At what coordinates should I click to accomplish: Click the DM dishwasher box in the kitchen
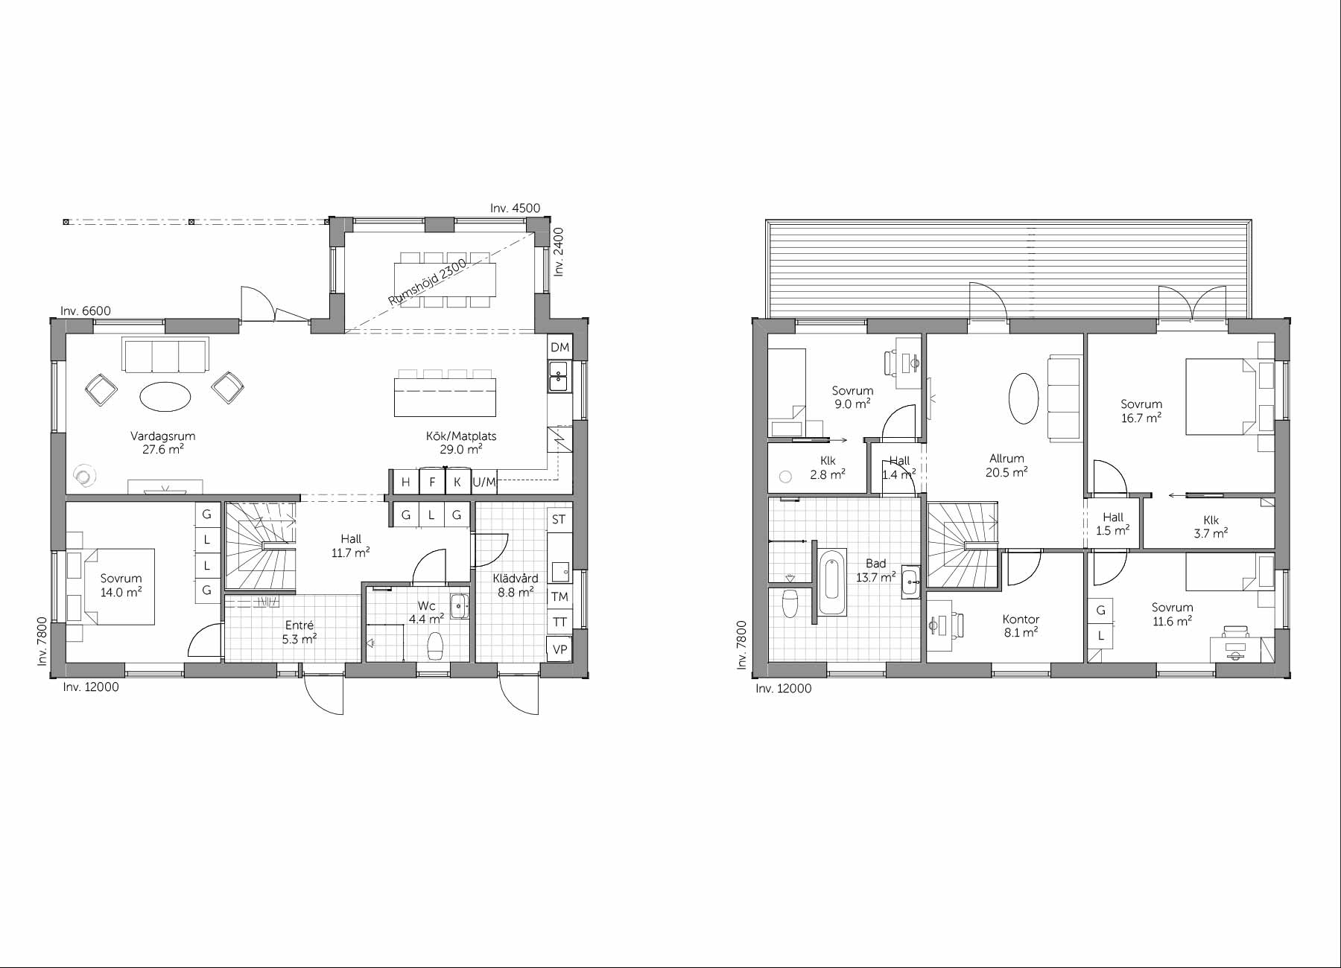[x=559, y=348]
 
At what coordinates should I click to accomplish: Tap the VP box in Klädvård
[x=559, y=649]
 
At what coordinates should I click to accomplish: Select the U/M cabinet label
[x=484, y=483]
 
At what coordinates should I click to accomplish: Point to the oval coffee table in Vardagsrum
[x=165, y=395]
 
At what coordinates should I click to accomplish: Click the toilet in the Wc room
[x=436, y=646]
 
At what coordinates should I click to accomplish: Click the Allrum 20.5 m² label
[x=1006, y=465]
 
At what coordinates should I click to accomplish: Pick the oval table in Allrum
[x=1024, y=398]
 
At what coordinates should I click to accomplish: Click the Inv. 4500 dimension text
[x=515, y=208]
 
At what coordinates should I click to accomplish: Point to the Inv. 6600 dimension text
[x=86, y=311]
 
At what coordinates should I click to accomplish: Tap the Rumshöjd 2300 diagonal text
[x=428, y=282]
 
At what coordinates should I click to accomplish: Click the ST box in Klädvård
[x=559, y=520]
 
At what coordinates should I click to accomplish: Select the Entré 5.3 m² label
[x=299, y=632]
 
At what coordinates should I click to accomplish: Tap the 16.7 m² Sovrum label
[x=1141, y=411]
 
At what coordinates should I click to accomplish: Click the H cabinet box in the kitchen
[x=405, y=483]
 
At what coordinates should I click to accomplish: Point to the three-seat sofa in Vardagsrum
[x=166, y=356]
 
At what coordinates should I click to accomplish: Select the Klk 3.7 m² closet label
[x=1211, y=527]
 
